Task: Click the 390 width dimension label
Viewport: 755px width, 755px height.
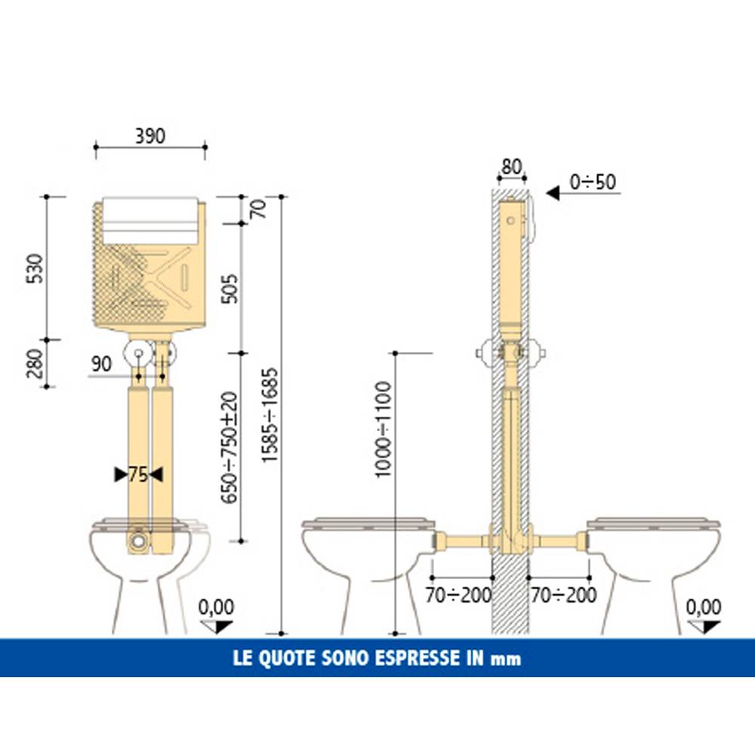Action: (149, 136)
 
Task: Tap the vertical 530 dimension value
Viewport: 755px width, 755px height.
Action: (35, 269)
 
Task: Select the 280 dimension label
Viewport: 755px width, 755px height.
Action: (35, 364)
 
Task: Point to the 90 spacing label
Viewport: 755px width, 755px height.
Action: (101, 364)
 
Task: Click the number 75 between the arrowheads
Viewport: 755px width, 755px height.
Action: (138, 475)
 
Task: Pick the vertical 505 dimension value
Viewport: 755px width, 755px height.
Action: (230, 288)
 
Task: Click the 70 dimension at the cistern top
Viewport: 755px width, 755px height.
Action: (258, 208)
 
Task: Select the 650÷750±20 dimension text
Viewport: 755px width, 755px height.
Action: (230, 447)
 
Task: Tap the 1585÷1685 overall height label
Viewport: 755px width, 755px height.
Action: (270, 415)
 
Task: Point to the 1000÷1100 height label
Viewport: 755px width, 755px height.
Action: (384, 430)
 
